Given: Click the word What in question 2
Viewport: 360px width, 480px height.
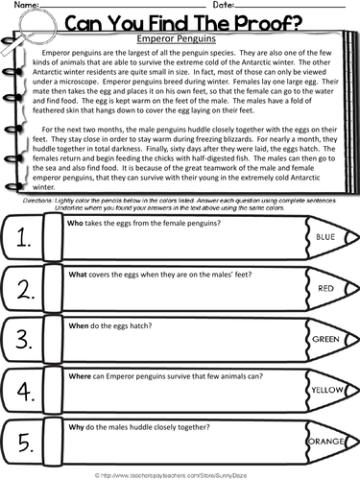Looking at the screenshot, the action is click(x=78, y=276).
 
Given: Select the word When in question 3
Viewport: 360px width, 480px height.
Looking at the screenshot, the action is click(x=78, y=328).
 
